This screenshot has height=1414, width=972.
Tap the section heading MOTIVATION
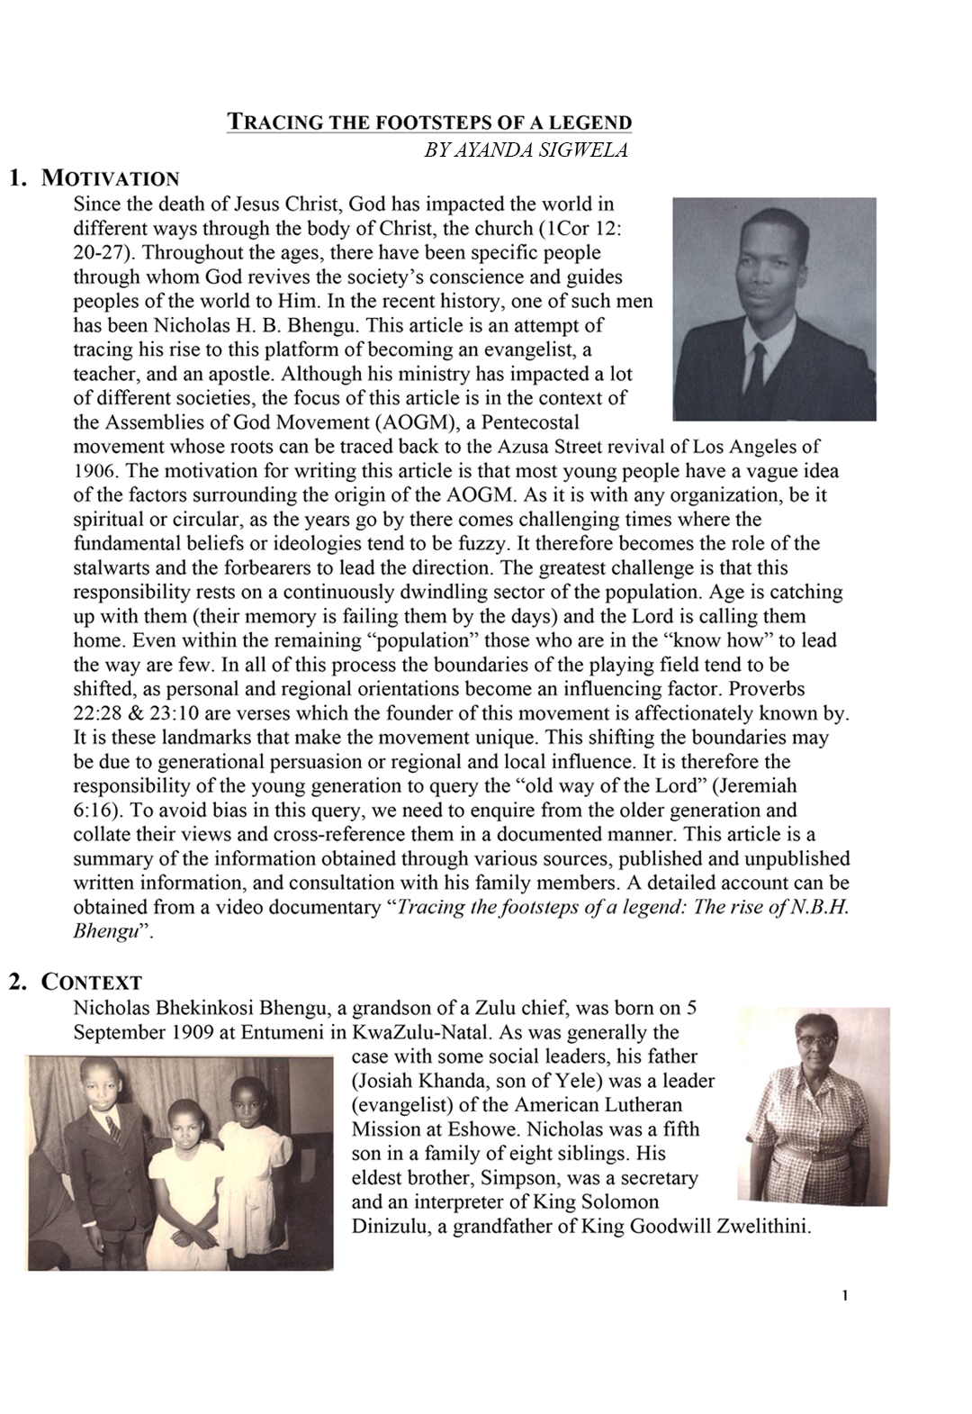point(111,178)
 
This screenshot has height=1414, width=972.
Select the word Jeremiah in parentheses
point(760,785)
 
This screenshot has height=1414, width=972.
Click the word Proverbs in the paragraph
point(767,689)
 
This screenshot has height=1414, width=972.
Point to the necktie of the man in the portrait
point(758,365)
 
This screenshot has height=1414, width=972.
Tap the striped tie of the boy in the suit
point(113,1127)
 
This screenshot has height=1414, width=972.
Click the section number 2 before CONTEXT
point(16,982)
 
